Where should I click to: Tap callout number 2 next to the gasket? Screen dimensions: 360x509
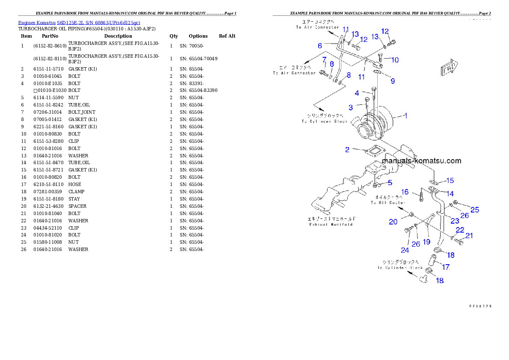click(347, 150)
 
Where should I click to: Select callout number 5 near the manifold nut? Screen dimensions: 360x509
click(390, 183)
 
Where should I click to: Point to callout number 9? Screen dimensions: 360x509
click(393, 80)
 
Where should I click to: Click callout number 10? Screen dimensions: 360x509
click(395, 60)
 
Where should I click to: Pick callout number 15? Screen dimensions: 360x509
click(450, 181)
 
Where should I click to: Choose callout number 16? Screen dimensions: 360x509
click(405, 192)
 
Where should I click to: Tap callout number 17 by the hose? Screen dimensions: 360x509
click(446, 267)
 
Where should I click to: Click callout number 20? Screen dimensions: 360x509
click(393, 221)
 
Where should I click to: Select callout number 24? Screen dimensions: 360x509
click(405, 250)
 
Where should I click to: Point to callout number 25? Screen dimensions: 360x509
click(475, 210)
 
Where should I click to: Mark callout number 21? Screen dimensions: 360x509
click(469, 235)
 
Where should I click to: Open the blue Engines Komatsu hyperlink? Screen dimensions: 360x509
click(79, 22)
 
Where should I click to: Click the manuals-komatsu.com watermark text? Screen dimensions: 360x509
click(421, 161)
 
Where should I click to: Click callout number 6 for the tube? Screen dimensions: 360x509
click(320, 46)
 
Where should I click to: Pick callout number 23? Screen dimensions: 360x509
click(455, 221)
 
